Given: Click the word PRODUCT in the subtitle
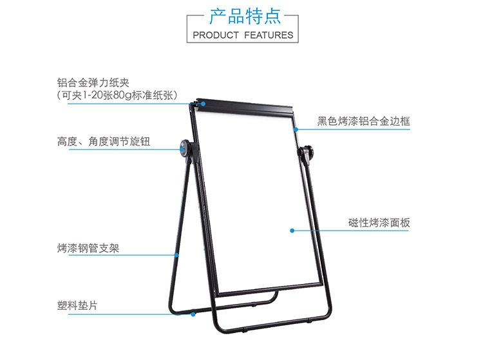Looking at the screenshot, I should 216,35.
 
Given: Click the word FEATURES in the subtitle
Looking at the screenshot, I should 269,35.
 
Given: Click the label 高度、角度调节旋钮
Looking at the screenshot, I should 104,141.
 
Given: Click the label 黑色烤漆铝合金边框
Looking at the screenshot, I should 363,121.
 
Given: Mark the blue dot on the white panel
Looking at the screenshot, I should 292,230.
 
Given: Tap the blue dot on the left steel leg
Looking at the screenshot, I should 178,255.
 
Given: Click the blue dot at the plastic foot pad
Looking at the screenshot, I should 193,314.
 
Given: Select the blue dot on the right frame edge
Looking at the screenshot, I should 296,129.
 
